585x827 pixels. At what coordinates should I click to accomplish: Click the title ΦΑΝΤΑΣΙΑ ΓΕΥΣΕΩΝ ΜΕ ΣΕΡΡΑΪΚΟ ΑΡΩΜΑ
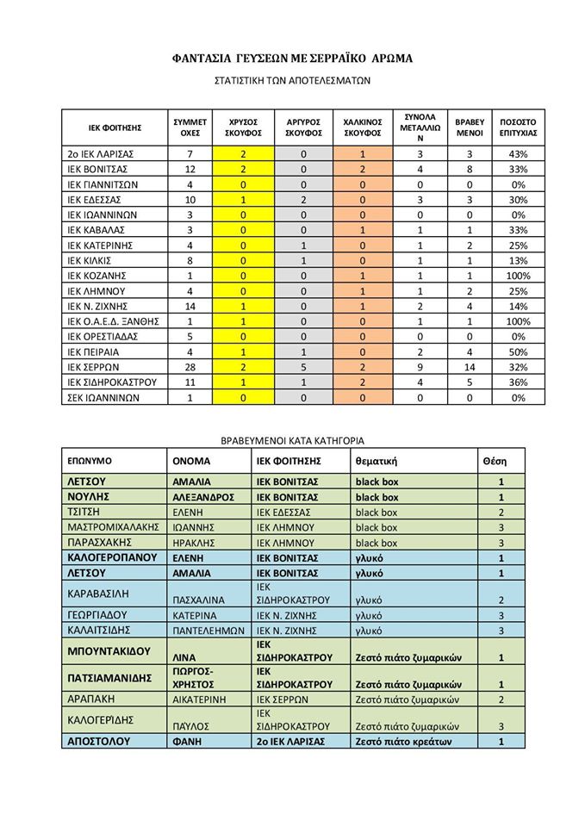[292, 59]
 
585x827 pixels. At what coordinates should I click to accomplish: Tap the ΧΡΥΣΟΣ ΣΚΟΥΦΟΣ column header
[244, 127]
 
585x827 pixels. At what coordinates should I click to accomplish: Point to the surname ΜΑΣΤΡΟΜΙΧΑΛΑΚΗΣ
[113, 527]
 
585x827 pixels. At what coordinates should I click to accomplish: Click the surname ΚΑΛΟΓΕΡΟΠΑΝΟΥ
[112, 557]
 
